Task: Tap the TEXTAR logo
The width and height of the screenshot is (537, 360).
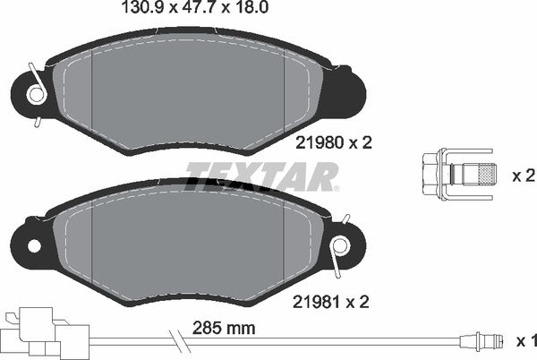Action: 261,176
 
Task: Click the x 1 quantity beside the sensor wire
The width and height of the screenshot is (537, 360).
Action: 526,341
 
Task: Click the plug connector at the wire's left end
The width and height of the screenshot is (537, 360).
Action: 36,331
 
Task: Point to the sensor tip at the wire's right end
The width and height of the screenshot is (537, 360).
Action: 482,341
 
